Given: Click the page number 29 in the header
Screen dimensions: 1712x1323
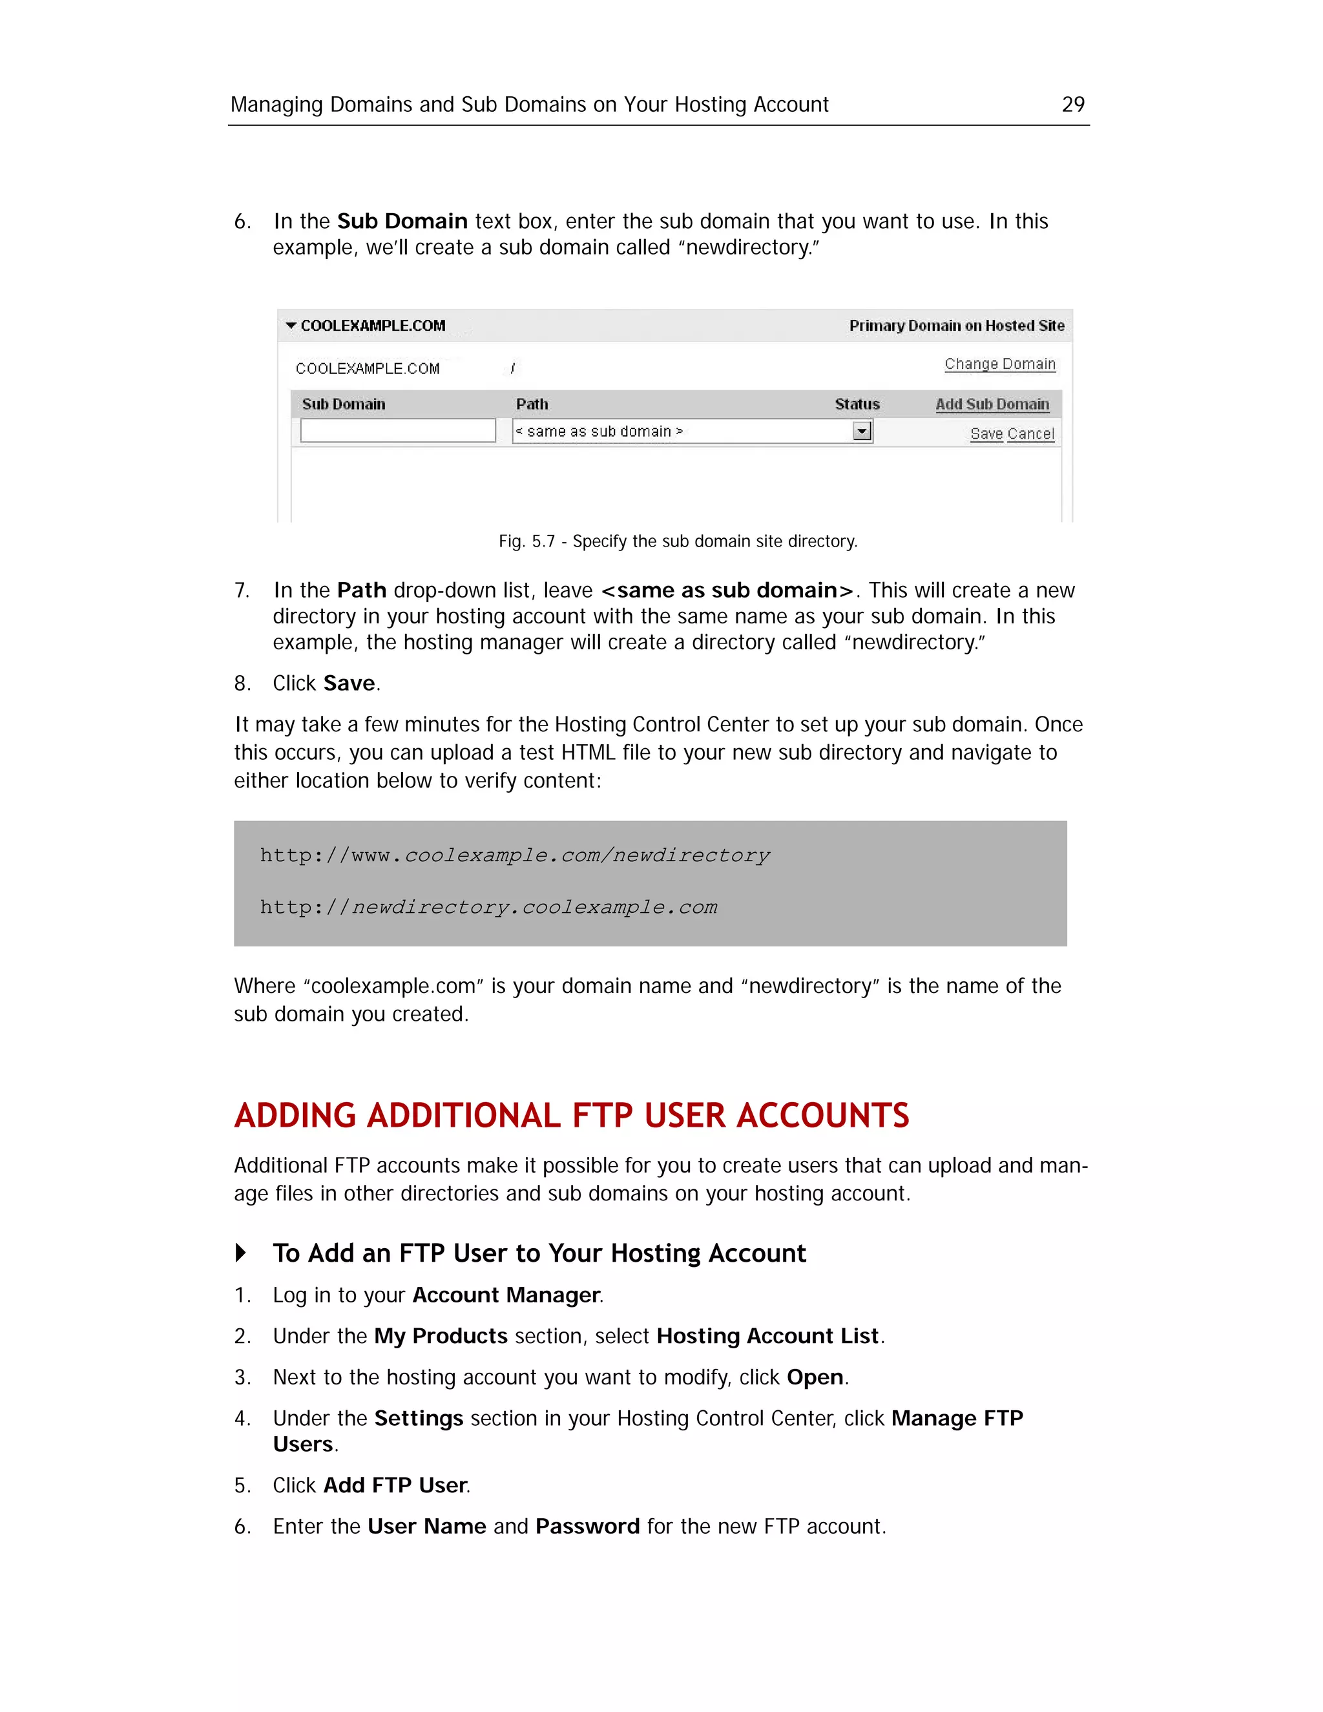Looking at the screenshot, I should (x=1072, y=104).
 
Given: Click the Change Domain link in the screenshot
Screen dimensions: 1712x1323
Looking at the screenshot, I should (x=999, y=364).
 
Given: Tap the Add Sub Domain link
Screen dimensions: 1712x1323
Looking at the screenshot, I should (x=992, y=404).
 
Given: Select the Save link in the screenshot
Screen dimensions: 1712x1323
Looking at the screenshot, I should (x=986, y=433).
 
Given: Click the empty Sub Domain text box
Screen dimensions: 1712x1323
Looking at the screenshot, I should (x=397, y=430).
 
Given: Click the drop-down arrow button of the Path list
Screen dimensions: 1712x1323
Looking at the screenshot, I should (x=861, y=431).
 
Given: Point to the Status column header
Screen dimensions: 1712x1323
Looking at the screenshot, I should (x=857, y=404).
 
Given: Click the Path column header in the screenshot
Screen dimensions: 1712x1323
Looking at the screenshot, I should (x=532, y=404).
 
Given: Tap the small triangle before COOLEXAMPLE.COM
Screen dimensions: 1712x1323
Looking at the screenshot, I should (x=291, y=326).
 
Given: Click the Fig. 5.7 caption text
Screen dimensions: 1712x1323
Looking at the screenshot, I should (x=677, y=541).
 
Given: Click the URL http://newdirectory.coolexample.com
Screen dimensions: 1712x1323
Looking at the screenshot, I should (x=488, y=907).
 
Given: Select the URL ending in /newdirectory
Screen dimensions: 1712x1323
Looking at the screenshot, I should (x=514, y=855).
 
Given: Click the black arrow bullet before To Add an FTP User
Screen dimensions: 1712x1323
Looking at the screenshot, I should (x=240, y=1253).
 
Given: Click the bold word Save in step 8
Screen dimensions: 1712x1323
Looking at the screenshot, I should (x=349, y=684).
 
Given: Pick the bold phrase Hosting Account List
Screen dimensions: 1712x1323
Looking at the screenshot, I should (x=767, y=1336).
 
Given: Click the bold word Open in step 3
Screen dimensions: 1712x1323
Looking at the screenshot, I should (x=815, y=1377).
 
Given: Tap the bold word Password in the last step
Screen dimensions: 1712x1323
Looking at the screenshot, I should (x=587, y=1526).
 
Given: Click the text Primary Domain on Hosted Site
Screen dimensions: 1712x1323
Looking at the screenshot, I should (x=956, y=326).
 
